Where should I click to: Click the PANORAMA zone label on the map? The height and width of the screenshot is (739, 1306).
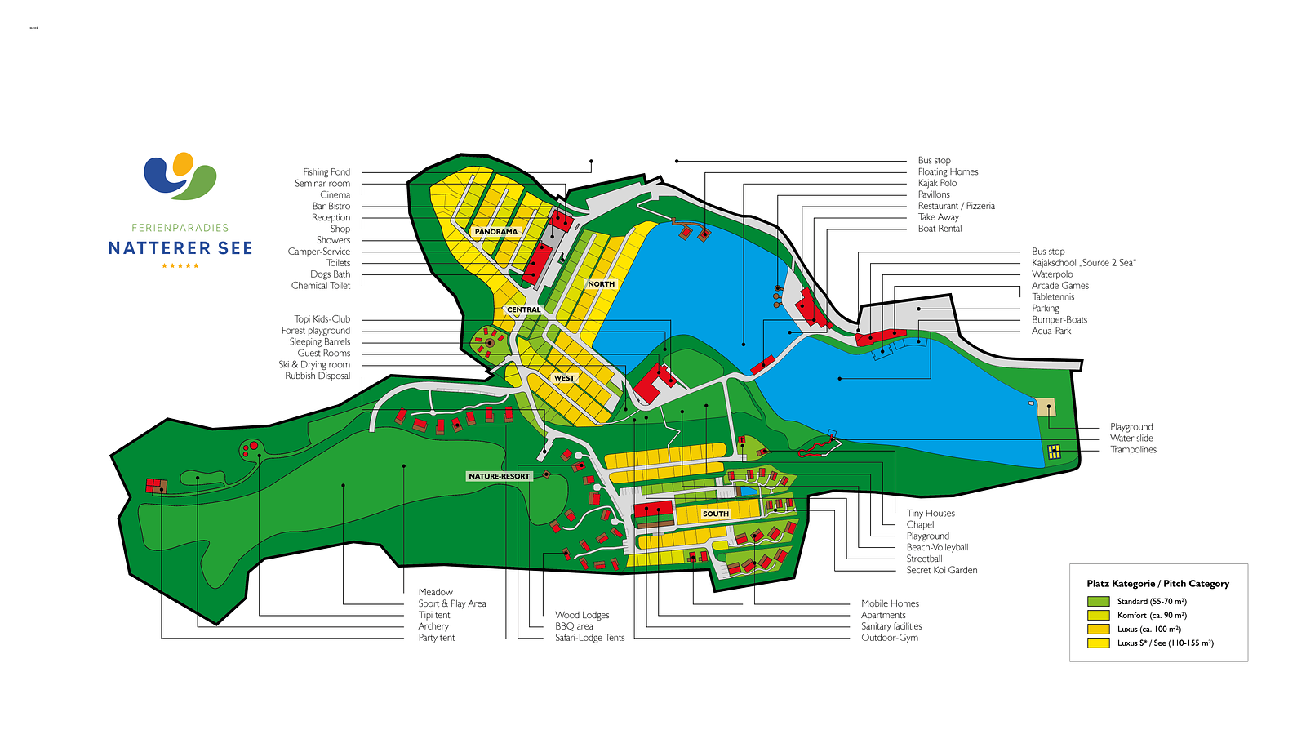pos(496,232)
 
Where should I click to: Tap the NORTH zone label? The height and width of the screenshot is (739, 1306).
pos(602,284)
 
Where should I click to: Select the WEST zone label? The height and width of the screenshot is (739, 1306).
pos(564,378)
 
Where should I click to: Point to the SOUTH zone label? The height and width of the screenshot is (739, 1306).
pos(716,514)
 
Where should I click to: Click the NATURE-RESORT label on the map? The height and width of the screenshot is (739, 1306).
pos(500,476)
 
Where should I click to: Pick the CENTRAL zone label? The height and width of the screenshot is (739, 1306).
pos(524,310)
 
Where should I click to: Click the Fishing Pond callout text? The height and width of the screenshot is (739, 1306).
pos(326,172)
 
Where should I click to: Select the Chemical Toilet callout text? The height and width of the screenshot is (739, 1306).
pos(321,286)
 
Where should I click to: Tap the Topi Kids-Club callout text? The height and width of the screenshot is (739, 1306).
pos(322,319)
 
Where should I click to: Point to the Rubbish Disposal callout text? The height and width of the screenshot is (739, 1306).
pos(318,376)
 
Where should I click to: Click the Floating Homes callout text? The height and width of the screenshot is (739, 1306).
pos(948,172)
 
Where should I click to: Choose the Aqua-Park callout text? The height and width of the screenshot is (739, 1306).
pos(1051,332)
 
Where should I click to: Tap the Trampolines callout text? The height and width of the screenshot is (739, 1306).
pos(1133,450)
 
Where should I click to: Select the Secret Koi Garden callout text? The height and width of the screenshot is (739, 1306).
pos(942,571)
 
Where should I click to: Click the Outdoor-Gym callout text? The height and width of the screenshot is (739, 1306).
pos(890,638)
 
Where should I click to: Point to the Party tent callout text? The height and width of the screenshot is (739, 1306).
pos(437,638)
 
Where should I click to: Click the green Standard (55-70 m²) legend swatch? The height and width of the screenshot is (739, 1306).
pos(1099,602)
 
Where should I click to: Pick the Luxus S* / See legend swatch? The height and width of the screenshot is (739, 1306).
pos(1099,643)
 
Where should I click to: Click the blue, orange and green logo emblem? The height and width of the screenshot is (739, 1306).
pos(180,176)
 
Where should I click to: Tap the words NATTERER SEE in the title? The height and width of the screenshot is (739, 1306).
pos(180,248)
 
